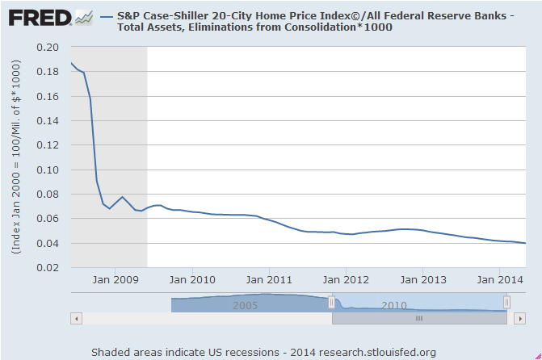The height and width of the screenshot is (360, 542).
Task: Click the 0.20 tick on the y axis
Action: click(48, 48)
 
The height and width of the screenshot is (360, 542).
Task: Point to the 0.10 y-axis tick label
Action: click(48, 170)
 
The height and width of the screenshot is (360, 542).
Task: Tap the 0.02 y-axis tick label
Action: click(48, 268)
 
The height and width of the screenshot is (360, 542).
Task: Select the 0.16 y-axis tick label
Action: click(48, 97)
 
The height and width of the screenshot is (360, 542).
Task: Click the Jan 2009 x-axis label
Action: click(115, 280)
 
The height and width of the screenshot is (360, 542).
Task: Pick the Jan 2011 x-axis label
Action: click(269, 280)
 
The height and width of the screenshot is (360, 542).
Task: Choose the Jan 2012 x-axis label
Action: click(346, 280)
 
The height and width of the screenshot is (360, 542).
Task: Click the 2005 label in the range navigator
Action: click(246, 306)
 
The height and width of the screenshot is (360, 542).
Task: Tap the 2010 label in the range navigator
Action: click(394, 306)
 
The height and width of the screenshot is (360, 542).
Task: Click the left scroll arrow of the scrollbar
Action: click(77, 319)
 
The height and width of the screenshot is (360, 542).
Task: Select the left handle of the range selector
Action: click(331, 302)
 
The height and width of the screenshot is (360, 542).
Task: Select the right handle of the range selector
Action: click(506, 302)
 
